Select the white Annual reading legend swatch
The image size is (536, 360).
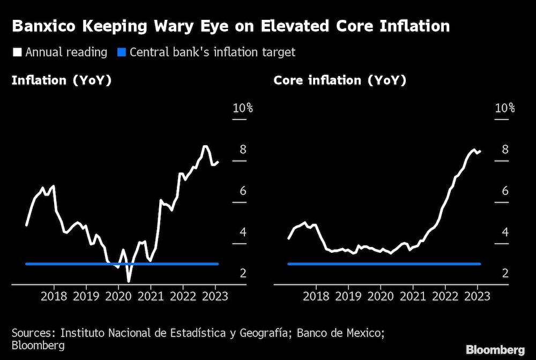pos(17,52)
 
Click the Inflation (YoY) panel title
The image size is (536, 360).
pos(61,80)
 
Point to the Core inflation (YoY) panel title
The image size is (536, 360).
pos(340,80)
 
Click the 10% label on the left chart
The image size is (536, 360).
pos(242,108)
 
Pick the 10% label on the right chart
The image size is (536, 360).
pos(504,108)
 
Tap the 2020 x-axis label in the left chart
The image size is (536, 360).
pos(118,296)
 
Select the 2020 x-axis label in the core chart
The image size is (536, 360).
pos(381,296)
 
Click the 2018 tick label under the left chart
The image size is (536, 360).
pos(54,296)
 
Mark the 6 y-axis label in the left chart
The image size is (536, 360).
pos(243,191)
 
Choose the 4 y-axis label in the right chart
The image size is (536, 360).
pos(505,232)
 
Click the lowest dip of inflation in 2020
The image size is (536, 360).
pos(129,281)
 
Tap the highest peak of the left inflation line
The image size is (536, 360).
pos(205,146)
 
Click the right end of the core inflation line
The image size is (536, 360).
pos(480,151)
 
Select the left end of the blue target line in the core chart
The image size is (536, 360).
pos(289,264)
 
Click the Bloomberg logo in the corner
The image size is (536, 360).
pos(495,350)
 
